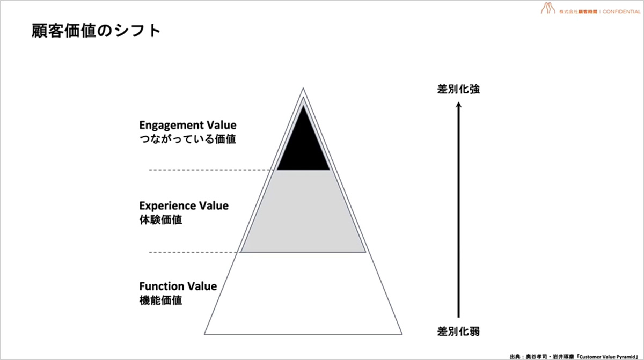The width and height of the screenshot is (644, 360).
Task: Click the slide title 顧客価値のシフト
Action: (96, 31)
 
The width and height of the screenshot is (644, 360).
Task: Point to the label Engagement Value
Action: (188, 125)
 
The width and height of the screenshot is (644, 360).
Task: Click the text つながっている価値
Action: (187, 139)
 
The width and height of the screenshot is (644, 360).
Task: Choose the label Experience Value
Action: (184, 205)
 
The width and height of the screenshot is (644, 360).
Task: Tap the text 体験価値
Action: (160, 220)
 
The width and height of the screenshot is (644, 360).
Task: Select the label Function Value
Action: (178, 286)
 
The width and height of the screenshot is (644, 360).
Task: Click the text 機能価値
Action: (160, 300)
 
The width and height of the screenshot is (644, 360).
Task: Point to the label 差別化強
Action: (458, 89)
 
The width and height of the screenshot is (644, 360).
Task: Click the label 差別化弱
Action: (458, 332)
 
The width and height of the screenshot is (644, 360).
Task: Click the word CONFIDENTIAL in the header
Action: (621, 12)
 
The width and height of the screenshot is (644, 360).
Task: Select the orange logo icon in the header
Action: (548, 8)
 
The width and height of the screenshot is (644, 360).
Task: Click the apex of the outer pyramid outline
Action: (303, 88)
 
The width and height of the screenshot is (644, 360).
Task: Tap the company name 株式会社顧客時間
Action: (578, 12)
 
